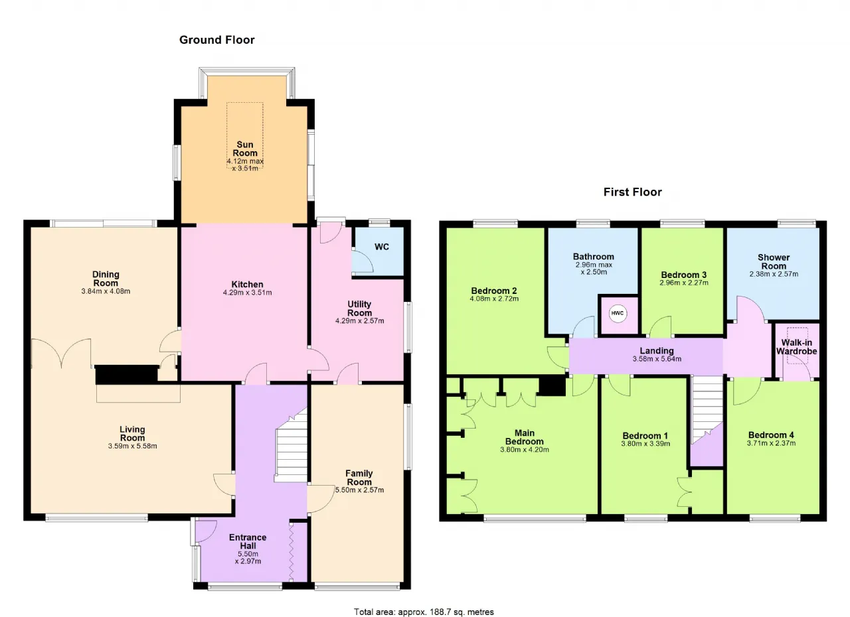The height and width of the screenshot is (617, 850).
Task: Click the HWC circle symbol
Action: coord(618,313)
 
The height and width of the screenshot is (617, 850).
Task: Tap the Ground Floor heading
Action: coord(216,40)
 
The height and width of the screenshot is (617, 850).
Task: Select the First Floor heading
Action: coord(633,192)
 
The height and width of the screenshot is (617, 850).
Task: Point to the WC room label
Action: coord(382,247)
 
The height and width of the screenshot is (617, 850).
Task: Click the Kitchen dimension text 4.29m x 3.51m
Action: coord(248,293)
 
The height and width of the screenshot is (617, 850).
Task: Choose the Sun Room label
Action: coord(245,149)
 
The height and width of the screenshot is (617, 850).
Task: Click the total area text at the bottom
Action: coord(424,602)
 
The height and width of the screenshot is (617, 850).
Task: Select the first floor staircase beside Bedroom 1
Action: coord(707,410)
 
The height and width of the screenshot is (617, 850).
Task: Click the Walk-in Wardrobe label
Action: coord(796,347)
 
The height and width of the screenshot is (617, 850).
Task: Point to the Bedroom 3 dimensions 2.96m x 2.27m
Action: coord(684,283)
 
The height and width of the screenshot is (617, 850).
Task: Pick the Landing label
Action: coord(657,350)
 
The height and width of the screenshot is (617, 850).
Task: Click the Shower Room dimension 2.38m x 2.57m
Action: coord(774,274)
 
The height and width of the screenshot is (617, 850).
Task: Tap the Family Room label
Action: coord(359,478)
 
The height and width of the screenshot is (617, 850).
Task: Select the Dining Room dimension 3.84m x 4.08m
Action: coord(106,291)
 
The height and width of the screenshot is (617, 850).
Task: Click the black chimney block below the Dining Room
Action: coord(126,374)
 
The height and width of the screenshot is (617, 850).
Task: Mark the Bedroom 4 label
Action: coord(771,435)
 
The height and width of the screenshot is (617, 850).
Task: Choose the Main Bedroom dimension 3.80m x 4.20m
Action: coord(525,450)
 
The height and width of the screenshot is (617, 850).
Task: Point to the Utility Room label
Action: coord(359,308)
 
